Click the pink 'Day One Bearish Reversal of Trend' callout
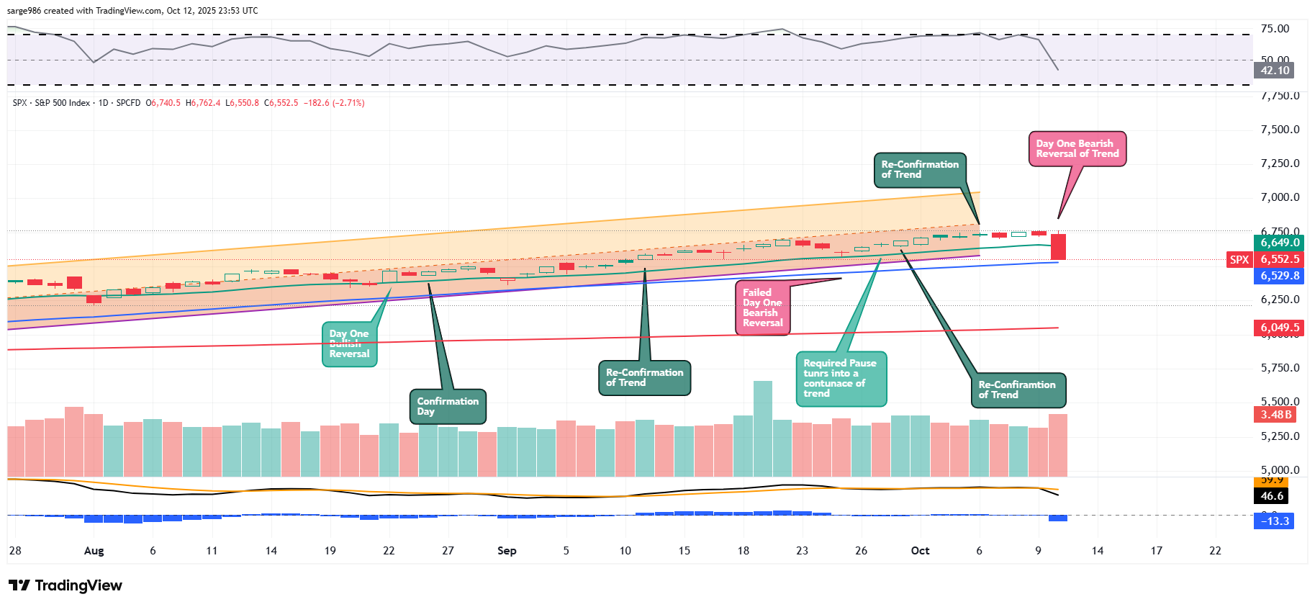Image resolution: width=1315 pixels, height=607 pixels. point(1077,149)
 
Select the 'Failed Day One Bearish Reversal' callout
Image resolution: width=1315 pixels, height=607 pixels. point(762,308)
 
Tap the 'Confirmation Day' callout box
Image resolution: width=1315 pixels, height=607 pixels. point(448,406)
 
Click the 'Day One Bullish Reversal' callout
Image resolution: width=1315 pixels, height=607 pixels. point(349,344)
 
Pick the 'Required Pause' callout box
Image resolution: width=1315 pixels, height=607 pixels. point(840,379)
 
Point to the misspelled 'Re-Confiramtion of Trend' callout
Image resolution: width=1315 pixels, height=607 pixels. point(1017,390)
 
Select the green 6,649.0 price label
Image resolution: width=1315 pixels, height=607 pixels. point(1279,243)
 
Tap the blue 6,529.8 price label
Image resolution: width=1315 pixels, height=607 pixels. point(1279,276)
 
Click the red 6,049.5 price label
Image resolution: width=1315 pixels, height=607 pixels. point(1279,328)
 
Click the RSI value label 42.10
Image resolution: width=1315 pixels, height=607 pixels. point(1275,71)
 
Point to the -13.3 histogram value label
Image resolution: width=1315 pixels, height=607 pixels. point(1275,521)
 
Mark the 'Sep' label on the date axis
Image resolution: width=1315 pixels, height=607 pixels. point(507,551)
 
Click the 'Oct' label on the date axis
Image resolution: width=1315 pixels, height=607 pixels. point(920,551)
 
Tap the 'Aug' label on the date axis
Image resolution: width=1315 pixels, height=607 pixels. point(94,551)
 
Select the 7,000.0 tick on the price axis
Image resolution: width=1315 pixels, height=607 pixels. point(1280,197)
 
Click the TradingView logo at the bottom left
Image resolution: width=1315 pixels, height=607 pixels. point(65,585)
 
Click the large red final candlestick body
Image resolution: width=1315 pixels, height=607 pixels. point(1058,246)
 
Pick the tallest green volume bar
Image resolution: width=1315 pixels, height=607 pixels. point(762,428)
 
